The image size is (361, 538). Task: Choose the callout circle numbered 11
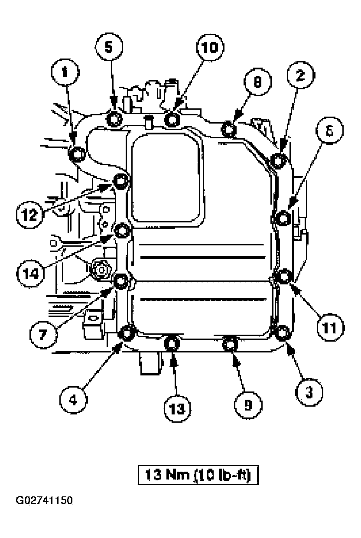click(x=330, y=326)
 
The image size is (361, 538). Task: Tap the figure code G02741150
click(x=44, y=501)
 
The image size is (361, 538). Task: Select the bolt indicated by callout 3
click(x=282, y=333)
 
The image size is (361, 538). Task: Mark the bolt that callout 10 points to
click(x=172, y=118)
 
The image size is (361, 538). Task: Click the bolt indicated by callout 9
click(x=230, y=344)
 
